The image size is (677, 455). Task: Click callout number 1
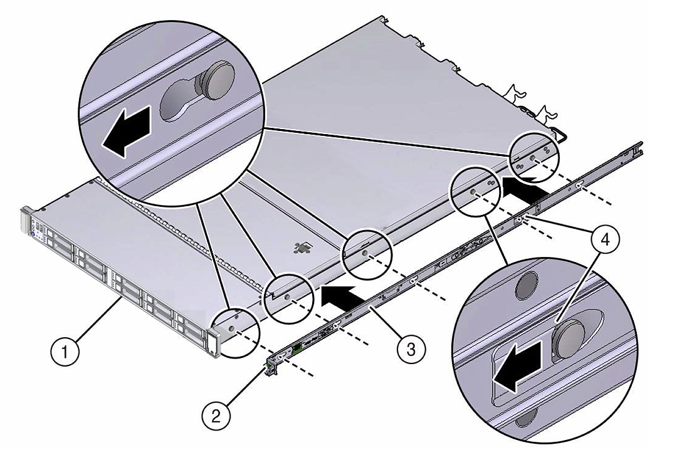(65, 353)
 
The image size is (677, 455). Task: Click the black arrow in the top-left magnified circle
(126, 131)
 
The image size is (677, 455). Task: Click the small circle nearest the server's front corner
(234, 331)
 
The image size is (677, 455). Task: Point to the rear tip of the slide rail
(640, 145)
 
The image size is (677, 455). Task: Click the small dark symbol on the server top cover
(302, 248)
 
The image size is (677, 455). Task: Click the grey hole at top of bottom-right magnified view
(525, 285)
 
